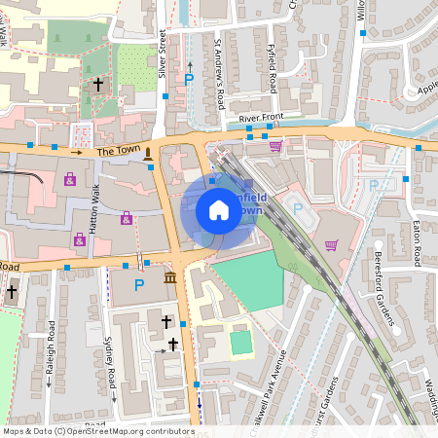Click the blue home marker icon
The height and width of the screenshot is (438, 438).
[x=218, y=210]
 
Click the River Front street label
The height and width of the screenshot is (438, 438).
[x=261, y=118]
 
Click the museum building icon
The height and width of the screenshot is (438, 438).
[x=171, y=280]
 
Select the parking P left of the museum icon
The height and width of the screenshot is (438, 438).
[x=139, y=285]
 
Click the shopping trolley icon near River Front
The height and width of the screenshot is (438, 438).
[x=275, y=147]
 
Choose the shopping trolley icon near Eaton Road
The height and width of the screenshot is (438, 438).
[x=331, y=244]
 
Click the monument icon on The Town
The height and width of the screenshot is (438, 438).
[x=148, y=153]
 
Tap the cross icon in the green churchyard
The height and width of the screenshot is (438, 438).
[x=98, y=85]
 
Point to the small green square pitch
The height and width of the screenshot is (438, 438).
[x=240, y=342]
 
